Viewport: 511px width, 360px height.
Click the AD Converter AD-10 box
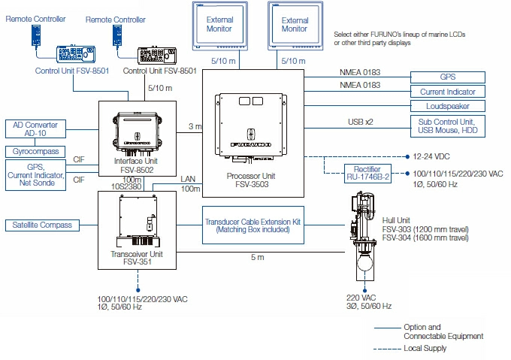click(35, 129)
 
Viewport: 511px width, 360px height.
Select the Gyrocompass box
click(35, 151)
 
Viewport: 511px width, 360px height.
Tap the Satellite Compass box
click(40, 225)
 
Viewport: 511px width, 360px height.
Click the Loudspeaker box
click(447, 106)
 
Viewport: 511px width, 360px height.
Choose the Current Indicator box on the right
click(447, 91)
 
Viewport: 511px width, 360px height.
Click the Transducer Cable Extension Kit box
click(253, 225)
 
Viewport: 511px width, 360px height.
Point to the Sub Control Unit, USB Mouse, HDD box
click(447, 126)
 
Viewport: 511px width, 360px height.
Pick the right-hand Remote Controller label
click(116, 20)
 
